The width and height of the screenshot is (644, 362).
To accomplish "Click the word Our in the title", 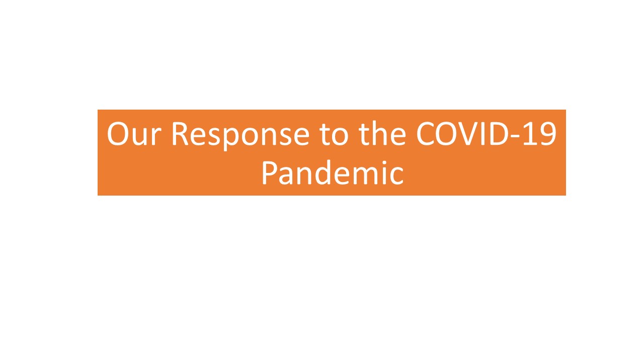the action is [x=134, y=134].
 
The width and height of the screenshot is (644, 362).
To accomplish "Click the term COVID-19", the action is [x=486, y=134].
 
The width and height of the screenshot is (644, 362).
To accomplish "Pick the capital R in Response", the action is [x=180, y=134].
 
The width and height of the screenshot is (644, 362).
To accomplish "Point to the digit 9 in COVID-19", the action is [x=547, y=134].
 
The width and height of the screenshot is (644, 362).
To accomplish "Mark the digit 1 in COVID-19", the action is [x=530, y=134].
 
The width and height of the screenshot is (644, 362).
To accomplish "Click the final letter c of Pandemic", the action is [x=397, y=176].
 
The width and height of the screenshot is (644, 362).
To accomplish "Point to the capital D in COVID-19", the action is [x=498, y=134].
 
